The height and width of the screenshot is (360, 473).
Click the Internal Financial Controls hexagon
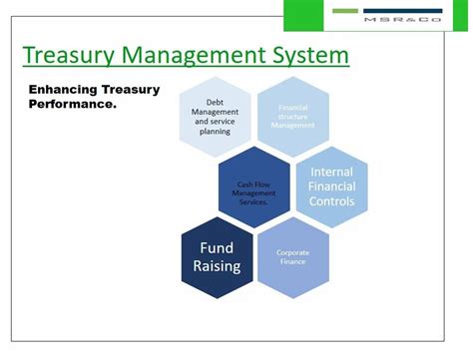[331, 185]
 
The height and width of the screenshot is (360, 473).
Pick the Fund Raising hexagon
[216, 256]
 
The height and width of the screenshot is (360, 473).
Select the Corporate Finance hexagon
[293, 258]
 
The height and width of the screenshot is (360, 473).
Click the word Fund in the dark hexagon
[216, 246]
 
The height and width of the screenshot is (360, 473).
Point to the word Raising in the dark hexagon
[216, 267]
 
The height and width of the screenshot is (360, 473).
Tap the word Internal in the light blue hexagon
[331, 171]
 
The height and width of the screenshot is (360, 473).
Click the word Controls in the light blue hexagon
[331, 200]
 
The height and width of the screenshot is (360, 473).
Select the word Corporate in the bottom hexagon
[293, 252]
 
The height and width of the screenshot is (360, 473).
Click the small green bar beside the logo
[345, 11]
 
